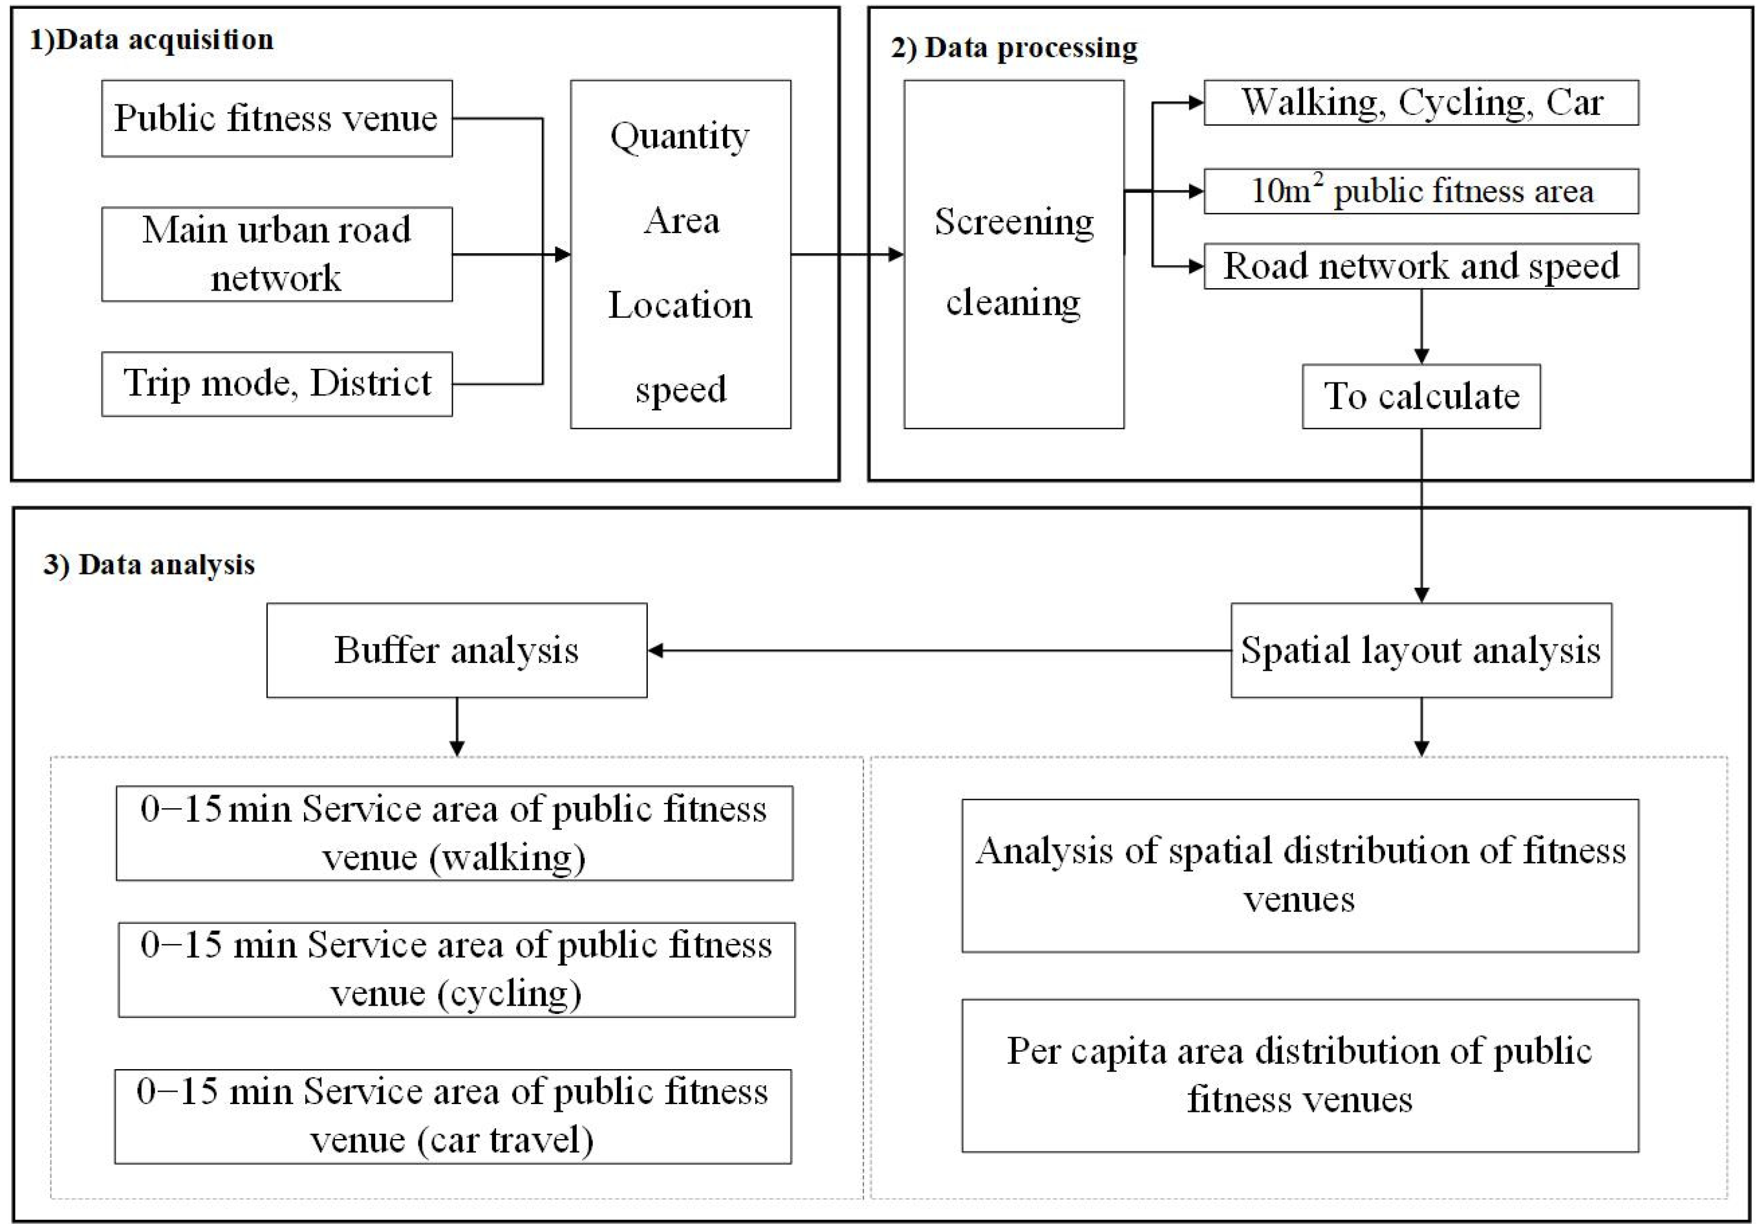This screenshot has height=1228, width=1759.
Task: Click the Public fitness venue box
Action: pyautogui.click(x=277, y=119)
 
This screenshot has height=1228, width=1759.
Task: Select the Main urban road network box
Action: pyautogui.click(x=277, y=254)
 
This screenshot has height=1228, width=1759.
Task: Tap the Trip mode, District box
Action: pyautogui.click(x=277, y=383)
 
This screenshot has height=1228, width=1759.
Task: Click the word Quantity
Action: pyautogui.click(x=680, y=137)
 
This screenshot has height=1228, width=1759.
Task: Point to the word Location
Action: pyautogui.click(x=680, y=305)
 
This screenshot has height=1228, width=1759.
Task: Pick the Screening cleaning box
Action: pyautogui.click(x=1013, y=254)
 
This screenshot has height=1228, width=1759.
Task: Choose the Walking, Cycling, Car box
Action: pyautogui.click(x=1421, y=103)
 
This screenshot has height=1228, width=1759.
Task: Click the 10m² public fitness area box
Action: pyautogui.click(x=1421, y=191)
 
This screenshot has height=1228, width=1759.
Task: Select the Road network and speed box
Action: pyautogui.click(x=1421, y=266)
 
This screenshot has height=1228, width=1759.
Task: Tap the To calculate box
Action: pyautogui.click(x=1421, y=396)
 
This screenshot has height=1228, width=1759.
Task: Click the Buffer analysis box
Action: pyautogui.click(x=456, y=650)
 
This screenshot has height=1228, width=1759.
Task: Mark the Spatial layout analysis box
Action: pyautogui.click(x=1421, y=650)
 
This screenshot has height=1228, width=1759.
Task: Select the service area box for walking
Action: pyautogui.click(x=455, y=833)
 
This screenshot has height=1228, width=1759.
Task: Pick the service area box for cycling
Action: pyautogui.click(x=456, y=969)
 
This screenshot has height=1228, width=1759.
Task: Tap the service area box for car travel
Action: pyautogui.click(x=453, y=1116)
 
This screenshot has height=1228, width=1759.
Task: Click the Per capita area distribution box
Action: pyautogui.click(x=1300, y=1076)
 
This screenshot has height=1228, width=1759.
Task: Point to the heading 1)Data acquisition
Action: pyautogui.click(x=152, y=40)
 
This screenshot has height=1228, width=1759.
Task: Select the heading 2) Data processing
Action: pyautogui.click(x=1013, y=47)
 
